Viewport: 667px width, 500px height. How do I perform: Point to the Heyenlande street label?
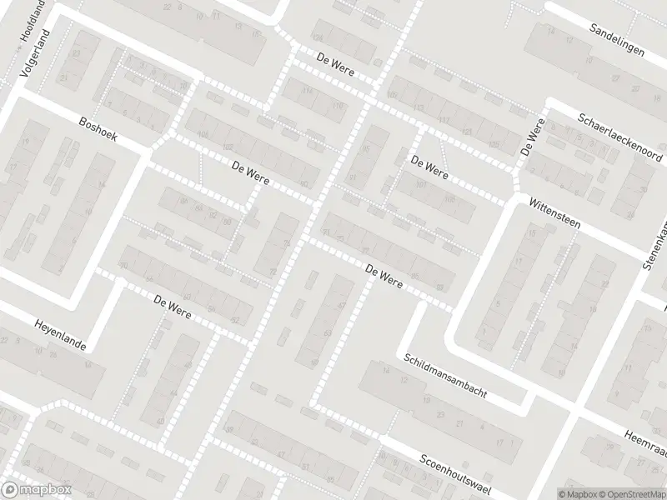60,335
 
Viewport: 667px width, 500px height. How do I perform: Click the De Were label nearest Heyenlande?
173,306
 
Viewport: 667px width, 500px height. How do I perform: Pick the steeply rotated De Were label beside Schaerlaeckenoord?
532,138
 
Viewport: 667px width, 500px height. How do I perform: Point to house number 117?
444,121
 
